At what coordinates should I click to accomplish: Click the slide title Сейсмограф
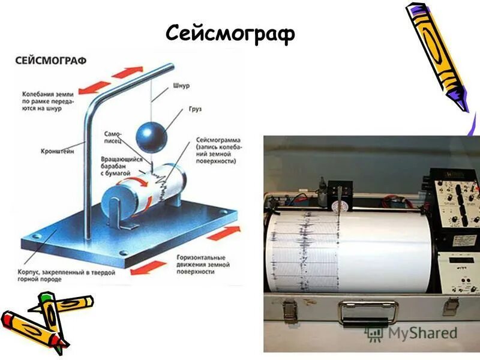point(230,34)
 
